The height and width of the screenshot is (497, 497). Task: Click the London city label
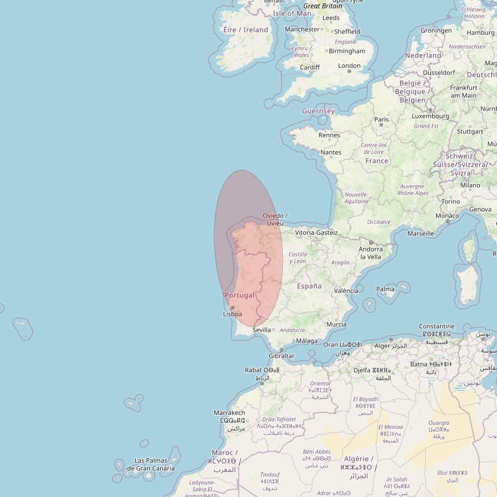[x=349, y=66]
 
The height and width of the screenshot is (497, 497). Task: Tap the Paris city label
[x=381, y=119]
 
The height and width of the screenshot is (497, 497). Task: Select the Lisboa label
[x=233, y=314]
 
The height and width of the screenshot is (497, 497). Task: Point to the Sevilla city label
[x=262, y=330]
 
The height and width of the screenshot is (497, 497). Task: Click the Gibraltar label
[x=282, y=356]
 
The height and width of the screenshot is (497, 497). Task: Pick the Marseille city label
[x=421, y=233]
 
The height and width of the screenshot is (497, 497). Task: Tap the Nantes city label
[x=331, y=152]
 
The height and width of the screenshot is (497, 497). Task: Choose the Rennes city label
[x=329, y=135]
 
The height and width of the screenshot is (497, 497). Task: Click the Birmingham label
[x=348, y=51]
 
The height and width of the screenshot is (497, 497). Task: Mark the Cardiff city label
[x=310, y=67]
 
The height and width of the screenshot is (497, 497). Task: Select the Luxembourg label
[x=430, y=116]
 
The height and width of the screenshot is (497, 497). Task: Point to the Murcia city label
[x=336, y=324]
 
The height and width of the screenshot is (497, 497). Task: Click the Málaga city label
[x=307, y=341]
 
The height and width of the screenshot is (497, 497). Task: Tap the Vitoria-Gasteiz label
[x=316, y=233]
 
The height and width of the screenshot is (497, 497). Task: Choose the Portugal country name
[x=239, y=295]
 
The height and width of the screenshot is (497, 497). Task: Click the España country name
[x=309, y=286]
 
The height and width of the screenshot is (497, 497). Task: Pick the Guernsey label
[x=318, y=111]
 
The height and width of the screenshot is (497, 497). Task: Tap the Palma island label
[x=385, y=289]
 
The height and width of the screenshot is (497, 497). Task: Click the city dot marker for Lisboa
[x=232, y=308]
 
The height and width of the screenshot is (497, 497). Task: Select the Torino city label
[x=450, y=201]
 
